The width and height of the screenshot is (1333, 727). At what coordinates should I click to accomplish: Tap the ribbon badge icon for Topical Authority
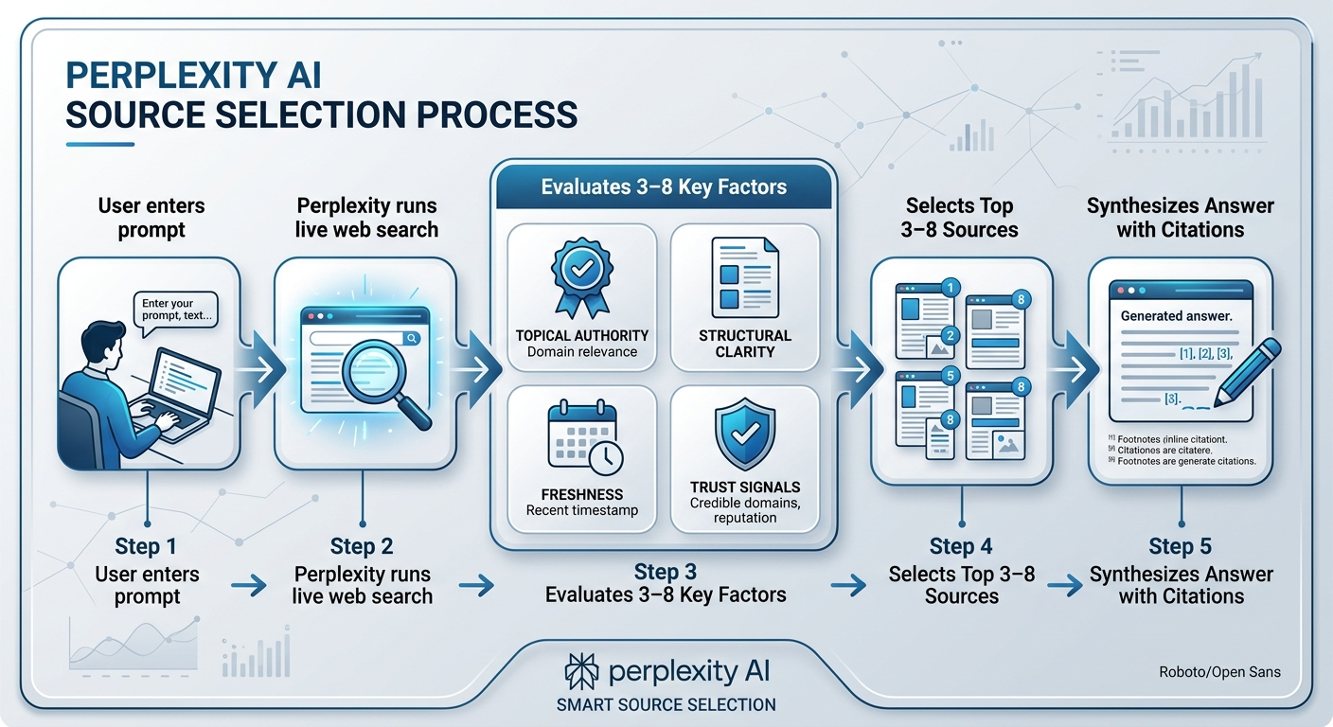(x=581, y=276)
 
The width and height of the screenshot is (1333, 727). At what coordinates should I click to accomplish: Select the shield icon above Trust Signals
(x=745, y=433)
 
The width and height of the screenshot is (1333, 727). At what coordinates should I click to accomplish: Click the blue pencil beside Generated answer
(x=1248, y=373)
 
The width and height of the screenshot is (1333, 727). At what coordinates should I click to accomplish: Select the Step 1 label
(x=145, y=546)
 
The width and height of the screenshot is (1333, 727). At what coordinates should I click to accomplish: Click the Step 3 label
(x=665, y=572)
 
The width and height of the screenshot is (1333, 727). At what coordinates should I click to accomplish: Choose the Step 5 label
(x=1180, y=546)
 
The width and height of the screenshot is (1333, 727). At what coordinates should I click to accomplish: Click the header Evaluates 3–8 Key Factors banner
(x=664, y=186)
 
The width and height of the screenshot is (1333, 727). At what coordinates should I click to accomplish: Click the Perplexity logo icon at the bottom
(x=580, y=670)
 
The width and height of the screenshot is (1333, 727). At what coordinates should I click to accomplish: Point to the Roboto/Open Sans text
(x=1219, y=672)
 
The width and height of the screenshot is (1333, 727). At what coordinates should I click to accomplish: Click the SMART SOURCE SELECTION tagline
(x=666, y=704)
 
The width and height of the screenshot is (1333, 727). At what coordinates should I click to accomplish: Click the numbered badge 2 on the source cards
(x=951, y=335)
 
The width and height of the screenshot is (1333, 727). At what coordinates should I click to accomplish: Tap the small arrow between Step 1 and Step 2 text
(x=248, y=586)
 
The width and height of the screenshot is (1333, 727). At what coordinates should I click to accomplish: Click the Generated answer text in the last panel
(x=1176, y=316)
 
